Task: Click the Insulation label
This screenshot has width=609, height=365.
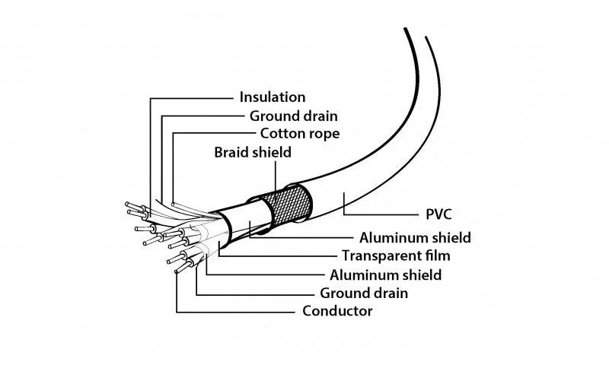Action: click(x=272, y=97)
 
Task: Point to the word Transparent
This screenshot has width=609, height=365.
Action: click(x=378, y=255)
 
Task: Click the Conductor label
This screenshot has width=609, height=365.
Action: click(x=337, y=311)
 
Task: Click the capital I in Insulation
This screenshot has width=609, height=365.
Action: click(x=241, y=97)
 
